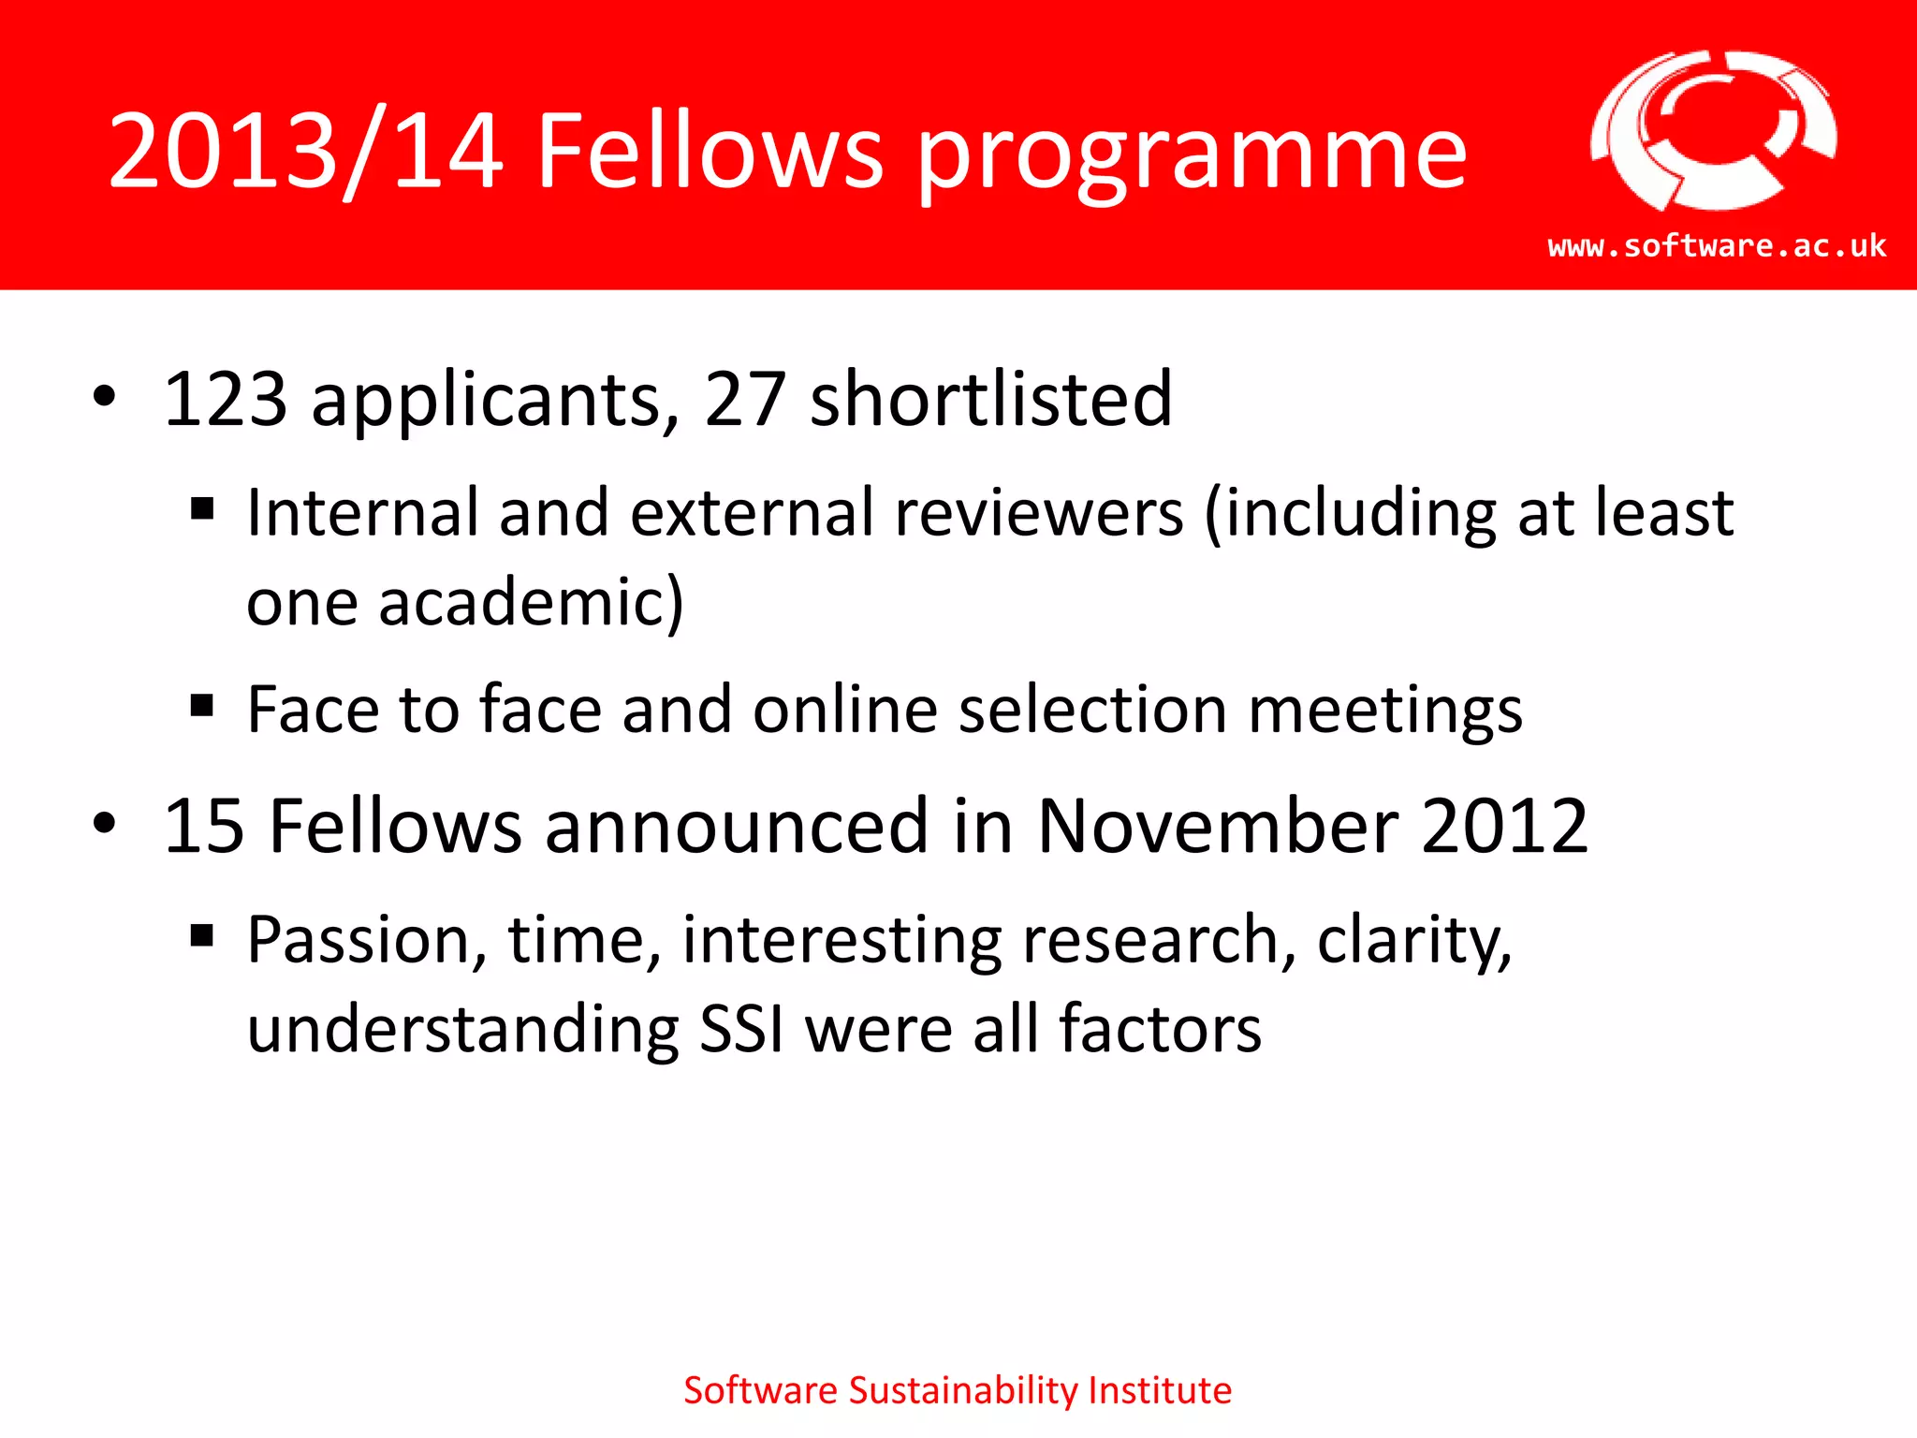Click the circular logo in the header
[x=1713, y=131]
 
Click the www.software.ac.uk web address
[x=1717, y=246]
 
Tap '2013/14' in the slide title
[x=306, y=152]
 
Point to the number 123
[x=225, y=400]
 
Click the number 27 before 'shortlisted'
[x=744, y=400]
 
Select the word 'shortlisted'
[x=990, y=400]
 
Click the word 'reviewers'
[x=1039, y=513]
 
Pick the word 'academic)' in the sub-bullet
[x=531, y=602]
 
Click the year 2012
[x=1504, y=827]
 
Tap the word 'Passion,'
[x=367, y=941]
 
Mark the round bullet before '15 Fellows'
[x=105, y=825]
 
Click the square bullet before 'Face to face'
[x=202, y=705]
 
